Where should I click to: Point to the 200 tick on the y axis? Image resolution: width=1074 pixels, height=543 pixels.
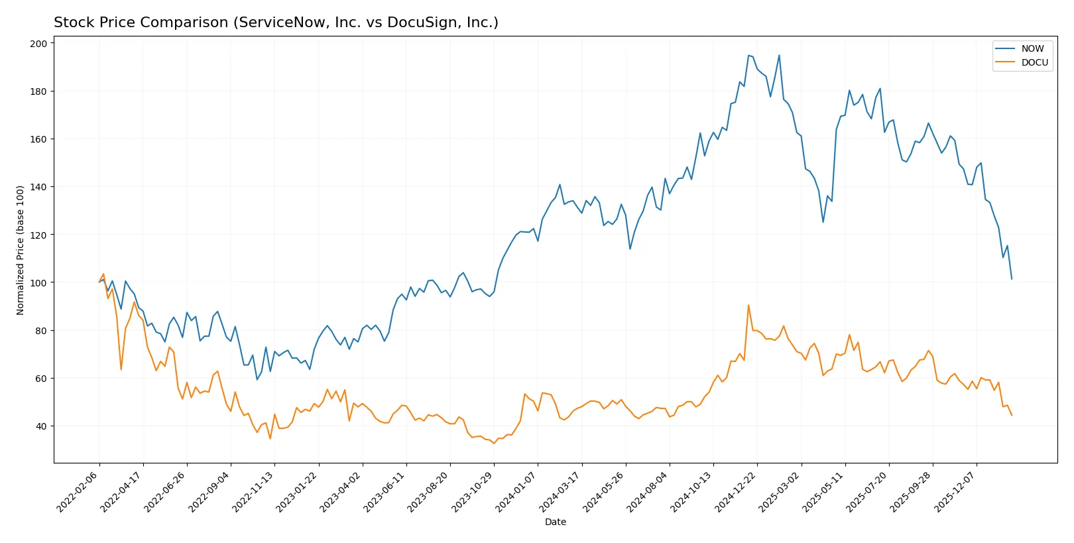point(38,43)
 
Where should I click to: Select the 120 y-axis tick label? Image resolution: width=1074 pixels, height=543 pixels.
point(38,235)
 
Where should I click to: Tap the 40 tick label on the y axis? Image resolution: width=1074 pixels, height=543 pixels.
point(41,426)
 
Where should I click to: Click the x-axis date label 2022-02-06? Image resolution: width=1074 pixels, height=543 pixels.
point(78,491)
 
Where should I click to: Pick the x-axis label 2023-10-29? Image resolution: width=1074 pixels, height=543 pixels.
point(473,491)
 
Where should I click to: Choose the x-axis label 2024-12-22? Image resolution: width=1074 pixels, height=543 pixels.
point(736,491)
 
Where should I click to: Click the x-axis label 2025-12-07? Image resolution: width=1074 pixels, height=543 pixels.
point(955,491)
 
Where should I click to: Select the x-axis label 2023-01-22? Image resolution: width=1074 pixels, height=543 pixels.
point(298,491)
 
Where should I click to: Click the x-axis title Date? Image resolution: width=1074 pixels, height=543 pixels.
point(555,522)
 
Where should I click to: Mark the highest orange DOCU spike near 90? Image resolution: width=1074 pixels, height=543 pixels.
point(748,306)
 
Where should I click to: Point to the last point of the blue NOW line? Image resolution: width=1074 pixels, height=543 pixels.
point(1012,278)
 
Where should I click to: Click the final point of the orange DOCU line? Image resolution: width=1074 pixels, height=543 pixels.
point(1012,415)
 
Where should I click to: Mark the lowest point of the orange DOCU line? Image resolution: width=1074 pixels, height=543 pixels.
point(494,444)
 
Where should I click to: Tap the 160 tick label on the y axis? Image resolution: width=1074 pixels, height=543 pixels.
point(38,139)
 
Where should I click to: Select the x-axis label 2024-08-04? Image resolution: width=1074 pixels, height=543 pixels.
point(648,491)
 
